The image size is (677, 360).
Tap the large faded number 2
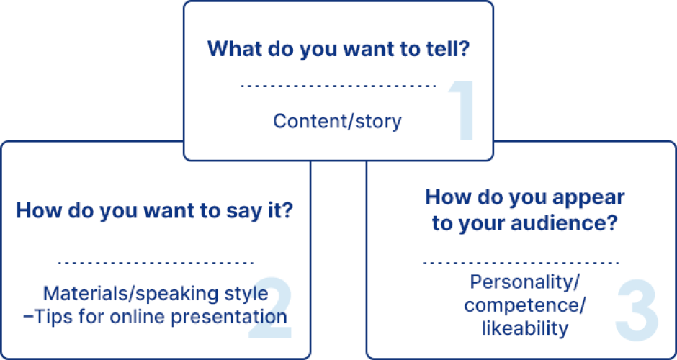click(x=271, y=307)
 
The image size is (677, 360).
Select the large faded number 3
click(x=637, y=310)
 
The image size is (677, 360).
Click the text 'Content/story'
click(x=337, y=121)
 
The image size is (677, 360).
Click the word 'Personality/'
click(x=524, y=282)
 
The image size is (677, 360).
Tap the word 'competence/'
click(x=524, y=305)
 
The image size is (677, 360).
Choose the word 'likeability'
click(x=524, y=328)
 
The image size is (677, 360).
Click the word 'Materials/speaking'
click(x=125, y=294)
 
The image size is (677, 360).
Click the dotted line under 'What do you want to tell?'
click(x=338, y=86)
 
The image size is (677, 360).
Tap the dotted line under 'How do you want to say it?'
click(x=155, y=263)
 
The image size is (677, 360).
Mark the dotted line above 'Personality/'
click(x=521, y=263)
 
